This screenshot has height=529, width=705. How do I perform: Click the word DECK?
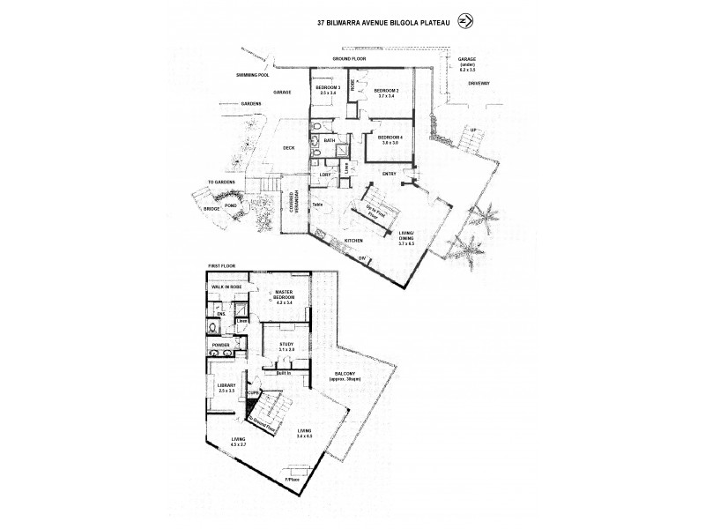(x=287, y=148)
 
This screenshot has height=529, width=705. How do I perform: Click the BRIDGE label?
(x=211, y=209)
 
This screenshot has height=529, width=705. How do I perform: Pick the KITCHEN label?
(x=353, y=240)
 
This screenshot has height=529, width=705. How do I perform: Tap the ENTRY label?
(x=389, y=174)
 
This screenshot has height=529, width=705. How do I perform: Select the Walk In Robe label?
(x=226, y=287)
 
